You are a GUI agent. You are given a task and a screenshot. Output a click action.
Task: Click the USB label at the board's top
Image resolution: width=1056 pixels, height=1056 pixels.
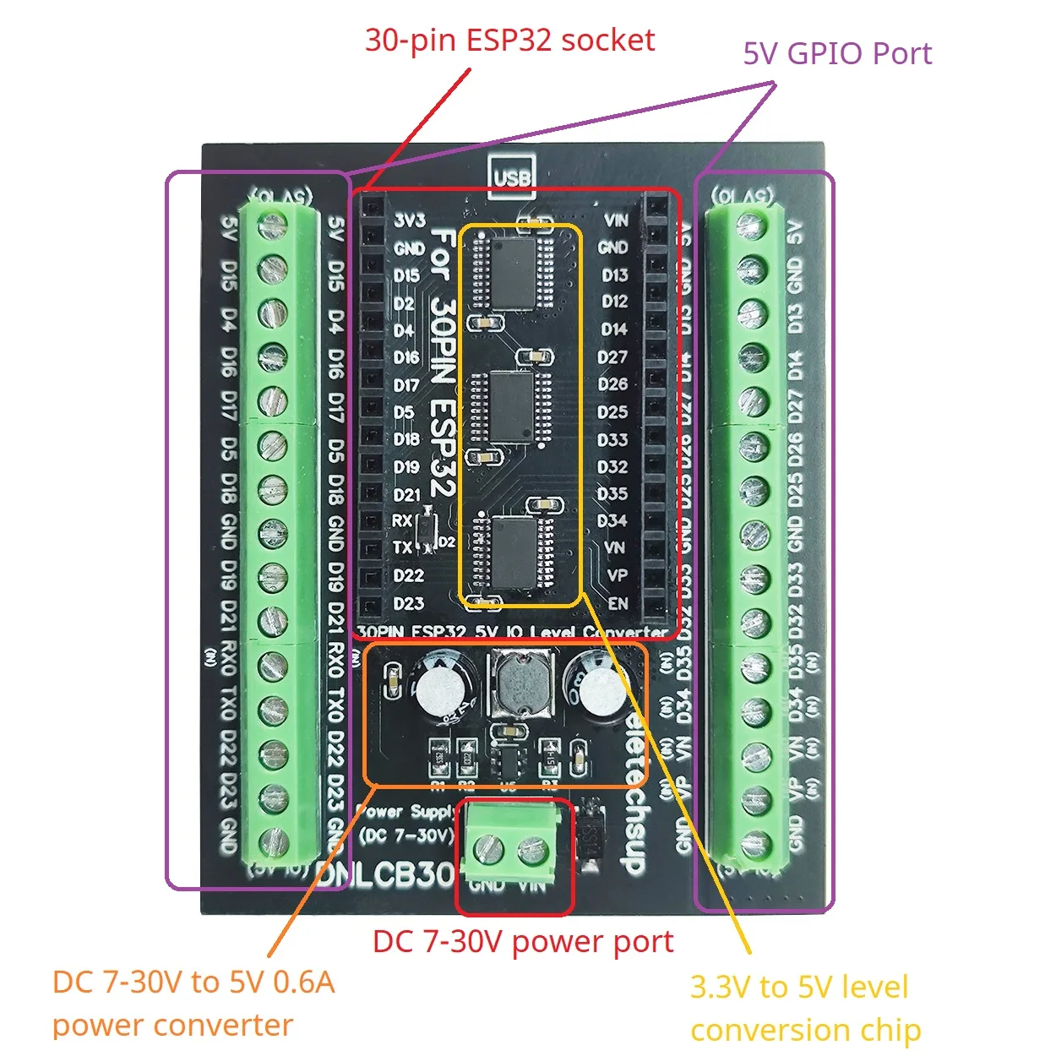[x=511, y=178]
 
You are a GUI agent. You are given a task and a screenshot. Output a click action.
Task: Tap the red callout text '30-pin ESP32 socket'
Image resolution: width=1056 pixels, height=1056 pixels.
[x=509, y=40]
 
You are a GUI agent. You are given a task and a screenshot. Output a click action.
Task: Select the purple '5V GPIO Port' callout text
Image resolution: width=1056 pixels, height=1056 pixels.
[x=836, y=53]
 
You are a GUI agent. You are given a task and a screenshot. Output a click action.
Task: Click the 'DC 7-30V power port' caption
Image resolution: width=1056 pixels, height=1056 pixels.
[x=523, y=941]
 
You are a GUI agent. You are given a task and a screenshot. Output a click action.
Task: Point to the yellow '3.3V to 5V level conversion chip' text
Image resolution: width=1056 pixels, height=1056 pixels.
[x=804, y=1008]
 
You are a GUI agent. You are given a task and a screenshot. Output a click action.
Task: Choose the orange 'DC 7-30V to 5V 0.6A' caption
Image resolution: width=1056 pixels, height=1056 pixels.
[x=193, y=982]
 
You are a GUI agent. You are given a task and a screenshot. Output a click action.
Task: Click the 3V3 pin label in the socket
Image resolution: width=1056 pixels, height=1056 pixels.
[x=410, y=220]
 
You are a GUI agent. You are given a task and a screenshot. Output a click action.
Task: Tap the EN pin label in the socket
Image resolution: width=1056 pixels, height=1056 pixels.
[x=618, y=603]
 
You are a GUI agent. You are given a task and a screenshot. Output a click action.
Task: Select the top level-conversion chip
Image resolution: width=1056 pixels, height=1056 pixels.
[x=512, y=272]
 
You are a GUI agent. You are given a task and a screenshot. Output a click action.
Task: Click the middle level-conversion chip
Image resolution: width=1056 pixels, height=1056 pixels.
[x=511, y=407]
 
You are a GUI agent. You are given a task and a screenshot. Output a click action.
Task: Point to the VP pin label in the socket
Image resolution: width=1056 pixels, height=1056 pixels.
[x=618, y=575]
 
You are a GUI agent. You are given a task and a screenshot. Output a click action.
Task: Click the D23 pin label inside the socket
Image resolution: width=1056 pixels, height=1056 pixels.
[x=409, y=603]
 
